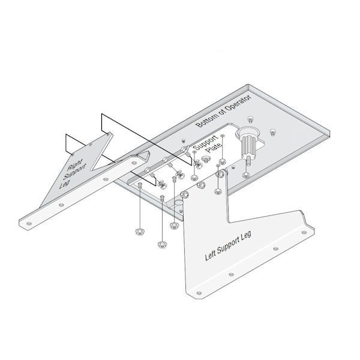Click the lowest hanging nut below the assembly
[x=161, y=244]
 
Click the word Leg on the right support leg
[x=65, y=184]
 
